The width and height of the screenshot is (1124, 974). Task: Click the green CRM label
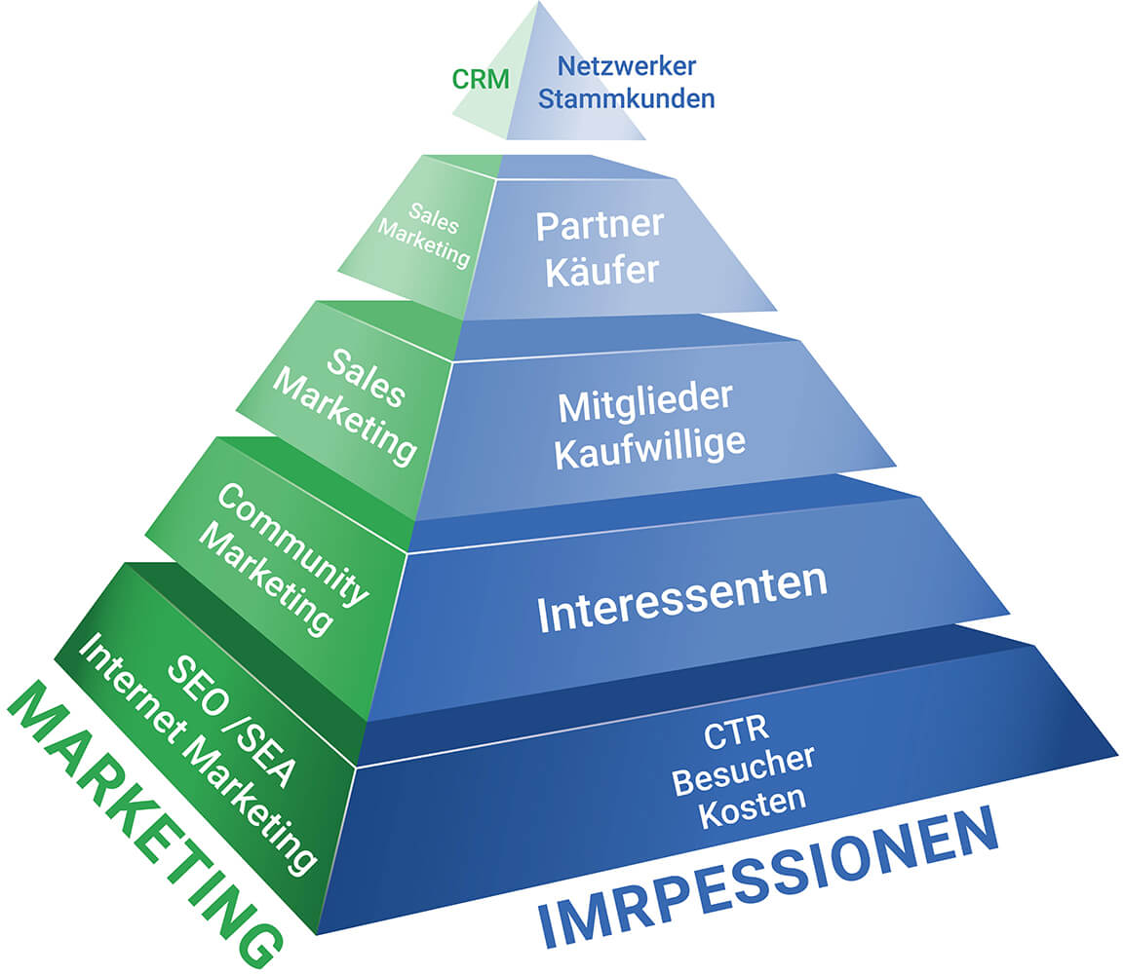pos(481,79)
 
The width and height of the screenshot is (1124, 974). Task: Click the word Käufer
pos(602,271)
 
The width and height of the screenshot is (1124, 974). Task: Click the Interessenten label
pos(682,595)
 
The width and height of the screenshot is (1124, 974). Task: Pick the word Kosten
pos(752,801)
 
